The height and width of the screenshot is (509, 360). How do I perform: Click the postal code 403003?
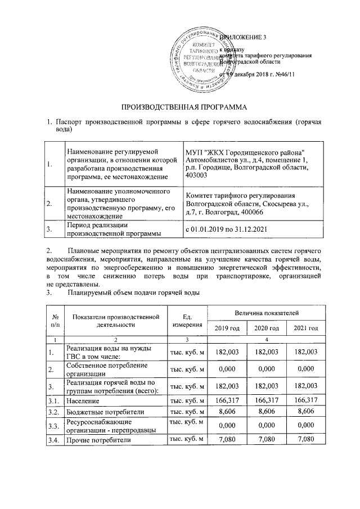pyautogui.click(x=196, y=177)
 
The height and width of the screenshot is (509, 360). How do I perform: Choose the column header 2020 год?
pyautogui.click(x=266, y=328)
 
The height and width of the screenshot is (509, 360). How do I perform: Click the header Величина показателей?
pyautogui.click(x=266, y=312)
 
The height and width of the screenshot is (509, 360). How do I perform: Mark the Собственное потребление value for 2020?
pyautogui.click(x=266, y=369)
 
